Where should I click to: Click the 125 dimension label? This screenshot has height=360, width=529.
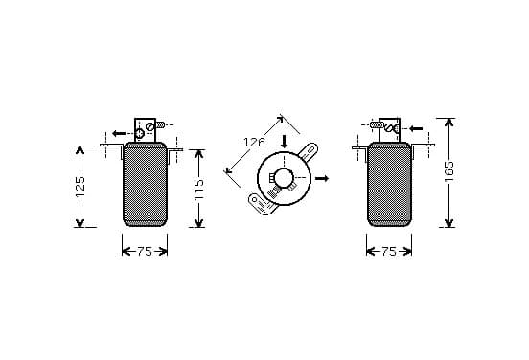80,187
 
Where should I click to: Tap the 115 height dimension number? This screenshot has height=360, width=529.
199,190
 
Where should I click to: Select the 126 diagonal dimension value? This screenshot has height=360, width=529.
254,143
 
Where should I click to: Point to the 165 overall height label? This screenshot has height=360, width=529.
449,171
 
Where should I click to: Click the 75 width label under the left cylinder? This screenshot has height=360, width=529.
145,252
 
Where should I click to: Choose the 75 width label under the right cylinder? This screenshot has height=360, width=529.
389,252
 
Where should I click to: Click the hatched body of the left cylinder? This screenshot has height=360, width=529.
145,185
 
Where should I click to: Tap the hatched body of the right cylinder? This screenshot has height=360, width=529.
389,185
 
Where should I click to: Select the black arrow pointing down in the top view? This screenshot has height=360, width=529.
285,142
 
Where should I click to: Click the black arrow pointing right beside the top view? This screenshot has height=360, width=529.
322,178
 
